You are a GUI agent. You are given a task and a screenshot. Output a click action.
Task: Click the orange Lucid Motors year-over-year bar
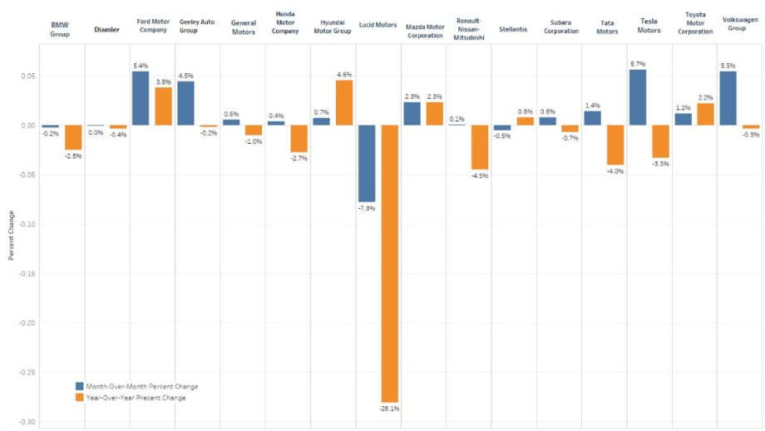[x=390, y=264]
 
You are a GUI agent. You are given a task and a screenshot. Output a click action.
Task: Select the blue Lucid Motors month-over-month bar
[x=367, y=164]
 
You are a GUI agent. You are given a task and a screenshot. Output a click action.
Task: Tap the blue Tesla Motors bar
[x=638, y=97]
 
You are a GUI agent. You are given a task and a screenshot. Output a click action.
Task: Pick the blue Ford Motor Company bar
[x=141, y=99]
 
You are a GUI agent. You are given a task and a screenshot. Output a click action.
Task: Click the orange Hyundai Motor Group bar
[x=344, y=103]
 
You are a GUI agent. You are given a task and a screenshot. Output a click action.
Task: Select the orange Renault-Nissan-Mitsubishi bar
[x=480, y=147]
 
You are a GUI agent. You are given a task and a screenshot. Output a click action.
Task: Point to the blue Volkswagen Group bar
[x=728, y=99]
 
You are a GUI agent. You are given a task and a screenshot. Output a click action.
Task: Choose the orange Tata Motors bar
[x=615, y=145]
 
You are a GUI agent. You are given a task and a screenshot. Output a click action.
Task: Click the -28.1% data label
[x=389, y=409]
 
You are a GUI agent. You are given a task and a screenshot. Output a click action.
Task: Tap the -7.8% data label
[x=367, y=208]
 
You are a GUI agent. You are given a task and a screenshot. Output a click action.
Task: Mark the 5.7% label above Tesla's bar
[x=638, y=64]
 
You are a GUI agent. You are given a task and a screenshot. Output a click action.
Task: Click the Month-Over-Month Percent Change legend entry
[x=137, y=387]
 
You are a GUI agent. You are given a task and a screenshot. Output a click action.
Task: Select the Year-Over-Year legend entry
[x=131, y=398]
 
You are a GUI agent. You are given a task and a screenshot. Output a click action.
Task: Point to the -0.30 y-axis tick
[x=27, y=422]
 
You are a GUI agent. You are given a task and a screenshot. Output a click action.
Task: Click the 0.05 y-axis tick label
[x=28, y=77]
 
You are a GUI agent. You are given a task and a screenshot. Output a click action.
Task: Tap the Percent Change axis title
[x=11, y=235]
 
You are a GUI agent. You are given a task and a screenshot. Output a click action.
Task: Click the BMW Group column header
[x=60, y=29]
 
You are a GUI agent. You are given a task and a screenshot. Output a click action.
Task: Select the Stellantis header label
[x=513, y=29]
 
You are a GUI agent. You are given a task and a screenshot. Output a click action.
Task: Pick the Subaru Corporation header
[x=561, y=27]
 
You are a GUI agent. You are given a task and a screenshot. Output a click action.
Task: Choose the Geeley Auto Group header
[x=196, y=26]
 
